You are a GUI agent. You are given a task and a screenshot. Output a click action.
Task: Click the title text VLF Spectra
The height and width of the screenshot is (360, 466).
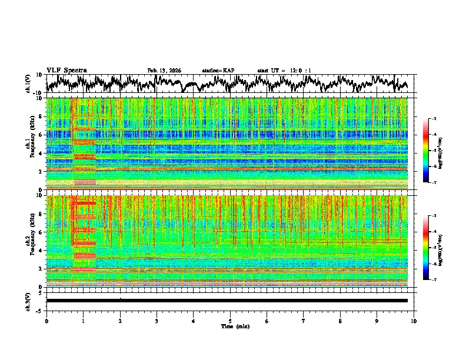pyautogui.click(x=66, y=71)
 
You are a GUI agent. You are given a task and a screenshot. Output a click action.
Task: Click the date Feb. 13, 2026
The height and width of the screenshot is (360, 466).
pyautogui.click(x=164, y=71)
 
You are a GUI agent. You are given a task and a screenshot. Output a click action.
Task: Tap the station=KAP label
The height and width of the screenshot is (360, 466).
pyautogui.click(x=218, y=71)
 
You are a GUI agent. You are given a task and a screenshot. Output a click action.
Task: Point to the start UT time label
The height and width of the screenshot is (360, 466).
pyautogui.click(x=284, y=71)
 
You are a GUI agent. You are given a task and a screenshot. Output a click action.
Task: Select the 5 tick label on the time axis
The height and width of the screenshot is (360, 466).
pyautogui.click(x=230, y=321)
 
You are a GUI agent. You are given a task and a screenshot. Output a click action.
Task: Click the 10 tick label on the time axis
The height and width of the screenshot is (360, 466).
pyautogui.click(x=414, y=321)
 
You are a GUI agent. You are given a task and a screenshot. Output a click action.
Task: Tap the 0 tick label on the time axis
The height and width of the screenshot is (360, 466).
pyautogui.click(x=46, y=321)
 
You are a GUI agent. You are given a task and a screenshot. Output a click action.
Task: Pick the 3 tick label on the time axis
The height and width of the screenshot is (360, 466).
pyautogui.click(x=157, y=321)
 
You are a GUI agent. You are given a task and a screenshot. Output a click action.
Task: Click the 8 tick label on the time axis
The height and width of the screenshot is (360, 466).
pyautogui.click(x=340, y=321)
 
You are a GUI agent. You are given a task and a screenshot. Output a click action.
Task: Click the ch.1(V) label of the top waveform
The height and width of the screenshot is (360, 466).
pyautogui.click(x=29, y=84)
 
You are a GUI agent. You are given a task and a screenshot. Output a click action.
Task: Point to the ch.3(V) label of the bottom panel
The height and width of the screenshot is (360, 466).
pyautogui.click(x=29, y=301)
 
